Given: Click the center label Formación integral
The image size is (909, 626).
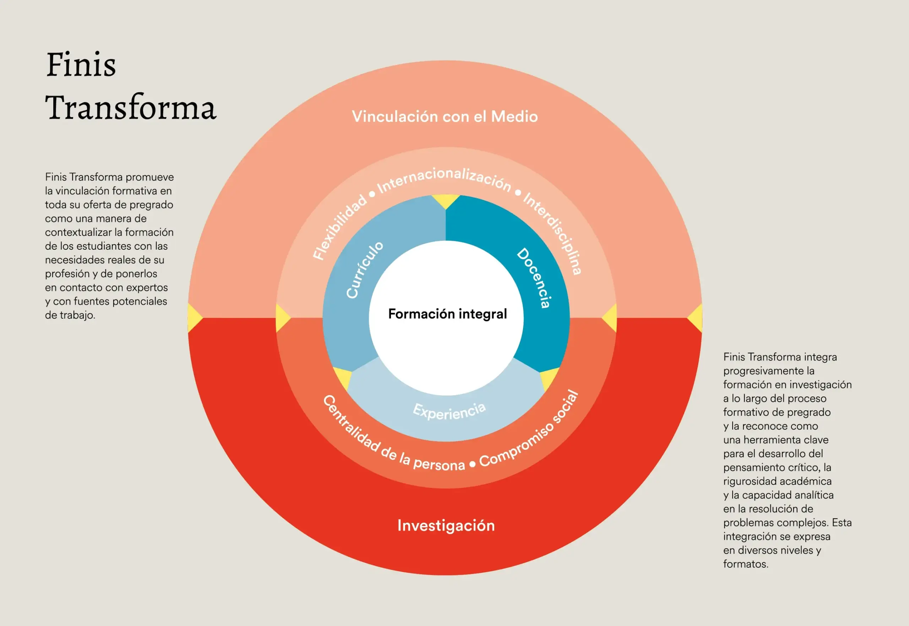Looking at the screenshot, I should (447, 314).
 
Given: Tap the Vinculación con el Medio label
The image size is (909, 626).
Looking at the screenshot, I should (445, 117).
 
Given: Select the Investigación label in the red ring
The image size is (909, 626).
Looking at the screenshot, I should (446, 525).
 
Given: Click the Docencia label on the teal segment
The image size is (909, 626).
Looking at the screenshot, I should (534, 278).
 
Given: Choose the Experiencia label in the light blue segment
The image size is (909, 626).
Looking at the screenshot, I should (449, 411).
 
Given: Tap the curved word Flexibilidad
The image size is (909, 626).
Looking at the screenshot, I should (339, 227).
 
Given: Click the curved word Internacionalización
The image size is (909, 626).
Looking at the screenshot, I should (444, 179).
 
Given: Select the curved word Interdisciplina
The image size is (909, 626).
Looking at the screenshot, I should (553, 233).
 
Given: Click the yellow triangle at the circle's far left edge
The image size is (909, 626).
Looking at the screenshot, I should (194, 318).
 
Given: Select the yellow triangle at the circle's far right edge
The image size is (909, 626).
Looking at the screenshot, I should (696, 318).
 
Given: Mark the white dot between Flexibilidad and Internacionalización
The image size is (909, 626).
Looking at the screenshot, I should (372, 194).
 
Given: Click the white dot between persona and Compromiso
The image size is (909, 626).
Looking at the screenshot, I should (472, 464).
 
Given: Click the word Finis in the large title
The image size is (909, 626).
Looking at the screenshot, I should (81, 64).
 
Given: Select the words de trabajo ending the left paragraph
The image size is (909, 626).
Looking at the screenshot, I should (69, 315).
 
